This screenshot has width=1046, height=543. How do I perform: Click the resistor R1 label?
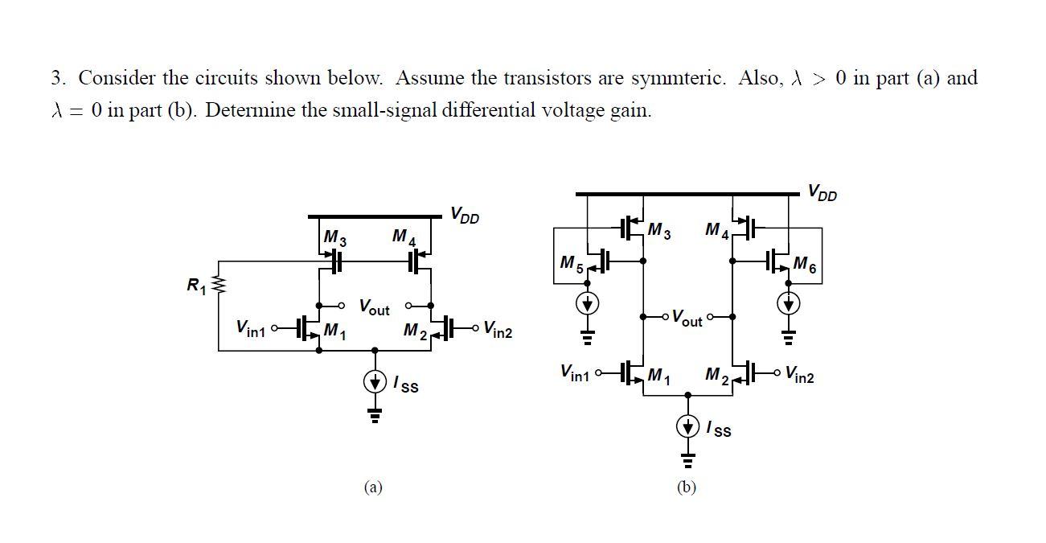tap(196, 285)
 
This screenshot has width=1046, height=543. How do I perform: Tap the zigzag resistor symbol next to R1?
tap(218, 284)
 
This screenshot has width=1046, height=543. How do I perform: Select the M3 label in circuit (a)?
tap(334, 238)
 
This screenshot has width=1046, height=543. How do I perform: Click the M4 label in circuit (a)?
tap(404, 237)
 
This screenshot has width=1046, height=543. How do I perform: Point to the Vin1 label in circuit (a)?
tap(250, 327)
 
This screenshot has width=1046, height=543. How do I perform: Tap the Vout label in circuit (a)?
tap(374, 307)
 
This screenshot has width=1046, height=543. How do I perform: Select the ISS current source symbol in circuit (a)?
tap(375, 382)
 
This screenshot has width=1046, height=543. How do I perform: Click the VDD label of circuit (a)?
tap(465, 215)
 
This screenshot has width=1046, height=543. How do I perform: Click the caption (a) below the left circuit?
tap(372, 487)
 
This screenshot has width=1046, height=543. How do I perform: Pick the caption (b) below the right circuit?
tap(686, 487)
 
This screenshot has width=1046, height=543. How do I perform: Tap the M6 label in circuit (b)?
tap(804, 264)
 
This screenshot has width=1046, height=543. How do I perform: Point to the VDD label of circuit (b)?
tap(822, 192)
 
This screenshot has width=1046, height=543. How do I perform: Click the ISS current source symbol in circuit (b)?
tap(687, 426)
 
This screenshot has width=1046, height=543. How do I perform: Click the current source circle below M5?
tap(588, 304)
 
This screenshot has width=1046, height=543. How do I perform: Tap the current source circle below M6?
tap(789, 304)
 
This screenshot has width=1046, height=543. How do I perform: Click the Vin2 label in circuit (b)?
tap(799, 375)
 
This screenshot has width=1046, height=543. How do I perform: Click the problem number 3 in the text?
tap(57, 78)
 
